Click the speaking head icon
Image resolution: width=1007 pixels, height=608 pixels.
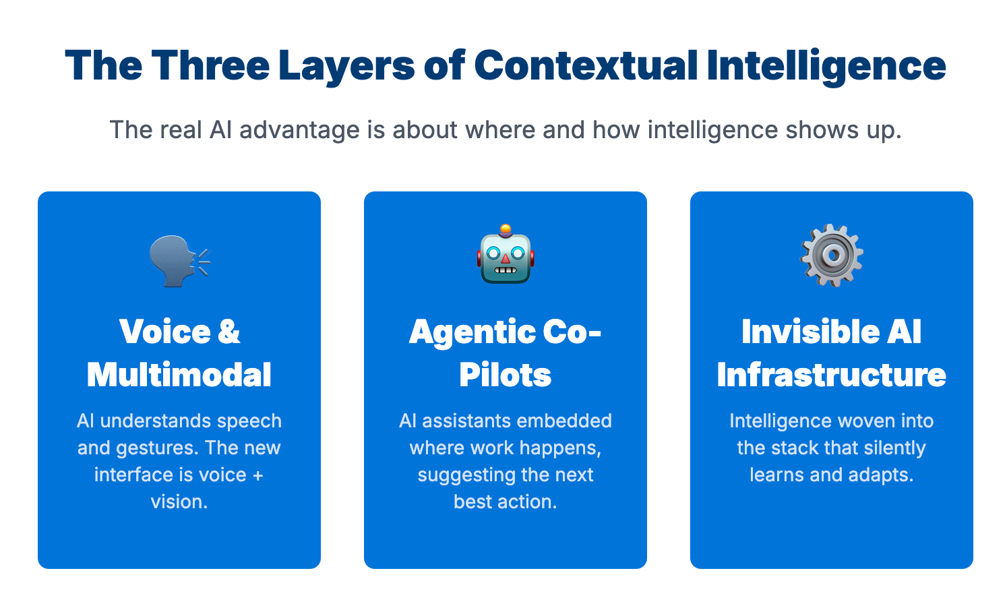tap(179, 260)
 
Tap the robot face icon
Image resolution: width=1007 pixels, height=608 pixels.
tap(506, 255)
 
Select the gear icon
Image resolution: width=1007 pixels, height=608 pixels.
tap(831, 255)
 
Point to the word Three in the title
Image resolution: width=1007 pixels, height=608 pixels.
tap(210, 65)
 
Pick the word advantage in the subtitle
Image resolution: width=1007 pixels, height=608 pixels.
tap(299, 129)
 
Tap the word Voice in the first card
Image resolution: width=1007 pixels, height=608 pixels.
tap(165, 332)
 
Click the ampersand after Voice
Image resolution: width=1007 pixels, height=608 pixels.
tap(229, 332)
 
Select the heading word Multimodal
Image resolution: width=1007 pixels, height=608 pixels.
tap(179, 375)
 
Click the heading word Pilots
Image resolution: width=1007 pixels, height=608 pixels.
tap(506, 375)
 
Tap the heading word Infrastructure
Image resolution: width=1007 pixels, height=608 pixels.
tap(832, 375)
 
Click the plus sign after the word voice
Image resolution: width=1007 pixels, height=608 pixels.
tap(257, 475)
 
